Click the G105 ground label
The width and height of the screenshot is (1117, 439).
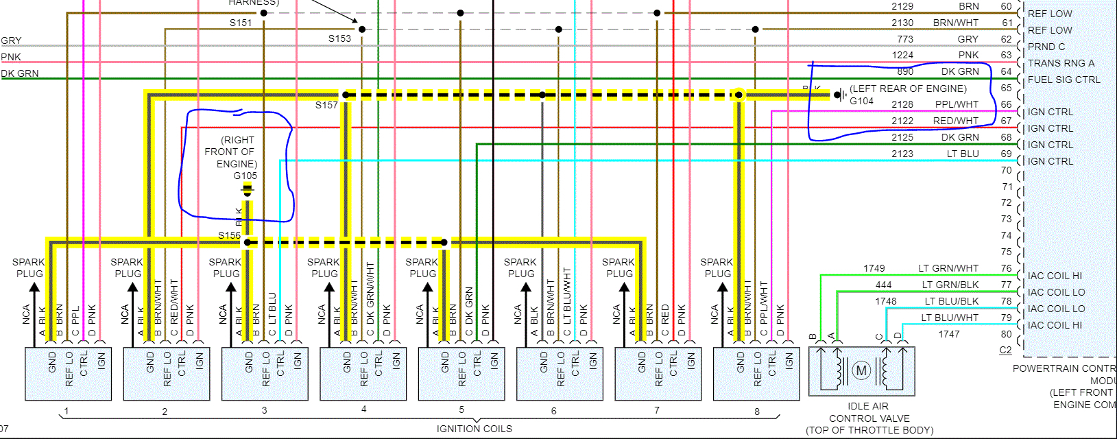click(x=245, y=176)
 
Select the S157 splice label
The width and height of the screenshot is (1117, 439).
click(x=326, y=105)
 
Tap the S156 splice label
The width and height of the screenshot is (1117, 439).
click(x=229, y=235)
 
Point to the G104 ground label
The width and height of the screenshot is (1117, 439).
click(x=861, y=101)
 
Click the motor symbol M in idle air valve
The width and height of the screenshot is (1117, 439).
click(x=861, y=371)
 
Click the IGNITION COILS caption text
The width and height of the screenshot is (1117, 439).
click(x=474, y=429)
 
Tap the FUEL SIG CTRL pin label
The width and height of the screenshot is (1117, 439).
click(x=1064, y=80)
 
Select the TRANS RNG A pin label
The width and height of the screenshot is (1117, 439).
click(x=1061, y=63)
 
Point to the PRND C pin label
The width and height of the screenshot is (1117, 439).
click(x=1046, y=47)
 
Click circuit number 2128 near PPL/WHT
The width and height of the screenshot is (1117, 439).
click(x=902, y=104)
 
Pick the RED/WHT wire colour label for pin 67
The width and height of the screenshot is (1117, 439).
click(x=955, y=121)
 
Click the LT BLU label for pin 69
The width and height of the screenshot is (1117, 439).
click(x=963, y=154)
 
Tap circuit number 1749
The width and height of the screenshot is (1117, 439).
click(x=874, y=268)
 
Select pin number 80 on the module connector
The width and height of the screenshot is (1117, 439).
click(x=1006, y=334)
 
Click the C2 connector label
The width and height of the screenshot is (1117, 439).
click(x=1005, y=350)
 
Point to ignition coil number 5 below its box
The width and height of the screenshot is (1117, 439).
click(x=461, y=410)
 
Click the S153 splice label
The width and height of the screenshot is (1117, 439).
click(x=339, y=38)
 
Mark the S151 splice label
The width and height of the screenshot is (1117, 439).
click(x=241, y=23)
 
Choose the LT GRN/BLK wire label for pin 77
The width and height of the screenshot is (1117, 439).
click(x=950, y=285)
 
